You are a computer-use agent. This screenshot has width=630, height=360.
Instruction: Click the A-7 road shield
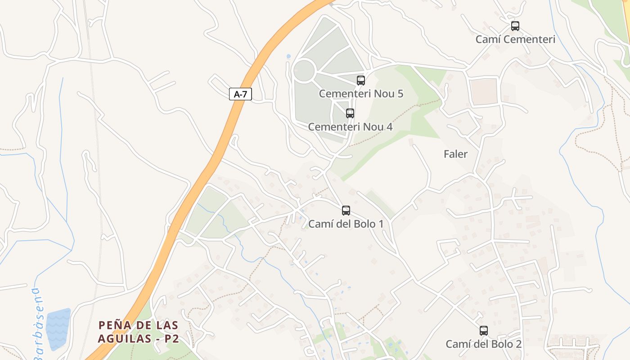click(240, 94)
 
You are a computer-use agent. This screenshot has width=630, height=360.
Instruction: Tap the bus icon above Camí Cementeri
click(515, 26)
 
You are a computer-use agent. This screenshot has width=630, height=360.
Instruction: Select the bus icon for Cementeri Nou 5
click(361, 81)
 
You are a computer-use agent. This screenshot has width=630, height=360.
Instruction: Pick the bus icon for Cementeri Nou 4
click(350, 113)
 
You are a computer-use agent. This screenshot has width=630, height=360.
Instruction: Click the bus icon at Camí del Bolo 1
click(346, 210)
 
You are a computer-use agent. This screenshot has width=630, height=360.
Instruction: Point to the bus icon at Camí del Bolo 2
click(484, 331)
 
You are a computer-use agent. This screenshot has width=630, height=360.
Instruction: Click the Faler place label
click(455, 154)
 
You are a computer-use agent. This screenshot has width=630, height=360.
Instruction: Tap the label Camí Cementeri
click(515, 39)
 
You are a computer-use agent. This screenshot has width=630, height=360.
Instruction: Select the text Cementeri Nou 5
click(361, 94)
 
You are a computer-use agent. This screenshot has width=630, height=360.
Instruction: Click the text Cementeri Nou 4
click(350, 127)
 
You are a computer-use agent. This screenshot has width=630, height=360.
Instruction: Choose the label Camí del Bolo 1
click(346, 224)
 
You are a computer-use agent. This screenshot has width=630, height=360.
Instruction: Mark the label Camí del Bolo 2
click(484, 344)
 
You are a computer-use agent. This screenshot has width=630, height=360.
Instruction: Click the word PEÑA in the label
click(113, 325)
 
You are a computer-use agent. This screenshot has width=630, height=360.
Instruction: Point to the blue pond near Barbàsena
click(58, 329)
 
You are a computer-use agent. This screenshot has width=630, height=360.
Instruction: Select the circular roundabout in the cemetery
click(304, 71)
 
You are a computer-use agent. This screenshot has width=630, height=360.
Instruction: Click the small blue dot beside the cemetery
click(288, 57)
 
